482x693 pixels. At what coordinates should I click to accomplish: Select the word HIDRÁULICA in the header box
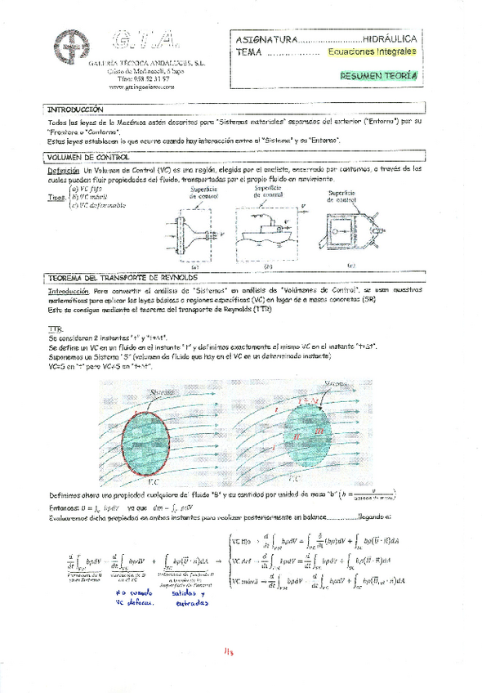(x=390, y=38)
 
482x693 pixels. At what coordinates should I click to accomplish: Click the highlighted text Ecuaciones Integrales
(x=372, y=51)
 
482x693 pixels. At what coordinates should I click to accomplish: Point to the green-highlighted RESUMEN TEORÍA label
(x=377, y=75)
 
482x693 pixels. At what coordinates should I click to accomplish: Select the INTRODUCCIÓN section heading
(x=75, y=110)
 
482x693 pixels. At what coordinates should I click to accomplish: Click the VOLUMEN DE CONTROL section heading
(x=85, y=155)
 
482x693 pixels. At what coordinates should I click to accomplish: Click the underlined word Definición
(x=63, y=168)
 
